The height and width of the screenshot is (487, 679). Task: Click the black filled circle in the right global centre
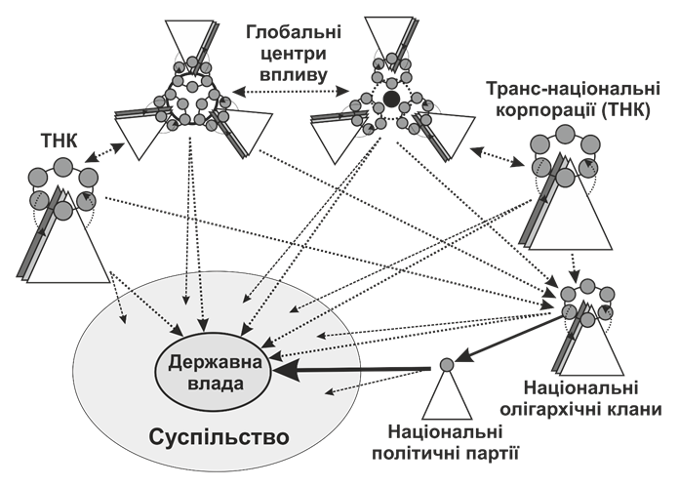point(390,99)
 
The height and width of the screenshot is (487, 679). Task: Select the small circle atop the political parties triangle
point(446,365)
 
